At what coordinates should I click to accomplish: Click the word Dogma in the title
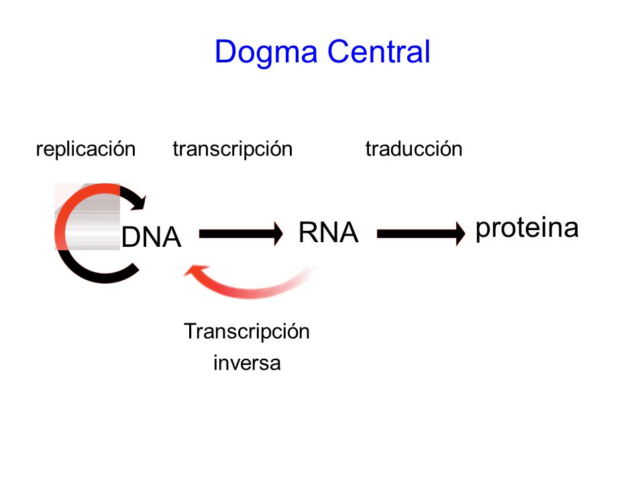tap(266, 52)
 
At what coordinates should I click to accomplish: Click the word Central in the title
tap(378, 52)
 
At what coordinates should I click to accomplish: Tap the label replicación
tap(86, 149)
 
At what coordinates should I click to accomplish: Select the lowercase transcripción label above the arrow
tap(233, 149)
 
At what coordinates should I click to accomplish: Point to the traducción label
tap(414, 149)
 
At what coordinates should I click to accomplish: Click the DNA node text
tap(152, 237)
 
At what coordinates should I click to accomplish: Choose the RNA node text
tap(329, 233)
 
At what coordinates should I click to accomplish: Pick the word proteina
tap(527, 229)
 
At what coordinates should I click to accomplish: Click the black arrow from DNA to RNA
tap(241, 233)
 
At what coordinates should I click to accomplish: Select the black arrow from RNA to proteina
tap(421, 233)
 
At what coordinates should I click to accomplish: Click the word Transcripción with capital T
tap(247, 332)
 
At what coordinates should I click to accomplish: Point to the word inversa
tap(247, 363)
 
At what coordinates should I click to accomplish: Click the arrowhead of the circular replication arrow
tap(139, 202)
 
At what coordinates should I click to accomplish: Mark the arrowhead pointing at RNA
tap(278, 233)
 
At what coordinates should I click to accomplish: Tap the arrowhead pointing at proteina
tap(460, 233)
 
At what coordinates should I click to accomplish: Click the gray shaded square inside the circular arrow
tap(87, 217)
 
